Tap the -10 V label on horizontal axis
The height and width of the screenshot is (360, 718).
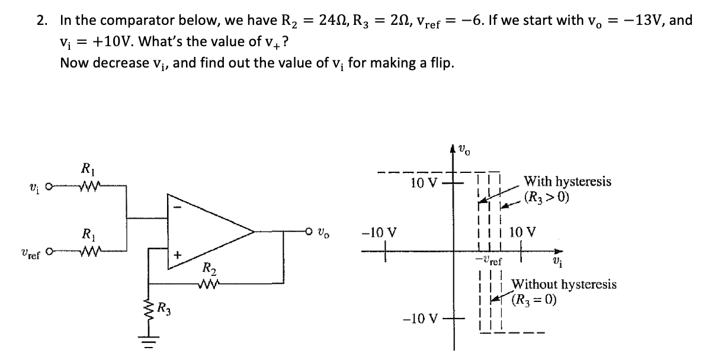(x=382, y=231)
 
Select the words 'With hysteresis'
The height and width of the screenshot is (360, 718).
(x=568, y=182)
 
